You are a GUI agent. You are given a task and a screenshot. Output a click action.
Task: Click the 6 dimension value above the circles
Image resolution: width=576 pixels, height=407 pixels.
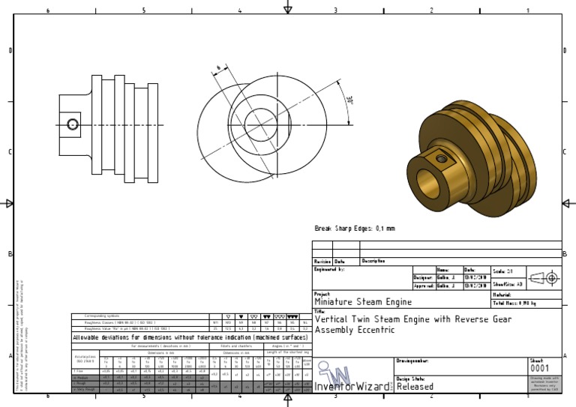(x=219, y=69)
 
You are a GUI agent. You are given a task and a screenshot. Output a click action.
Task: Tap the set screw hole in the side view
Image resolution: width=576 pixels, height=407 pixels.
(x=73, y=124)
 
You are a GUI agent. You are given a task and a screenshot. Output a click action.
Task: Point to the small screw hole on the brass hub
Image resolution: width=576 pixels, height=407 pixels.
(x=442, y=159)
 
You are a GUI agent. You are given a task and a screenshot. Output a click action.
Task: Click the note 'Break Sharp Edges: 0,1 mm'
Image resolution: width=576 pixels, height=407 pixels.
(x=354, y=229)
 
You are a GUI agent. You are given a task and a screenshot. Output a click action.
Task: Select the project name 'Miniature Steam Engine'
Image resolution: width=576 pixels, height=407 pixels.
(x=363, y=302)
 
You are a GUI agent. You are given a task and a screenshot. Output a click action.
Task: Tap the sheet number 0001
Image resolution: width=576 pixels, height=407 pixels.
(x=539, y=369)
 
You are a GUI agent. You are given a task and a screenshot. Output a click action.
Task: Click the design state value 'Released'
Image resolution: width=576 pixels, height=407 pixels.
(x=415, y=387)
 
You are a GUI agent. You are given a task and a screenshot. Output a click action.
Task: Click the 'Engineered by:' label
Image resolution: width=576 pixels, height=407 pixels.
(x=330, y=268)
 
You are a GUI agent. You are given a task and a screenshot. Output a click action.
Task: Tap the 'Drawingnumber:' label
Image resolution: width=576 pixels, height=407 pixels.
(x=412, y=361)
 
